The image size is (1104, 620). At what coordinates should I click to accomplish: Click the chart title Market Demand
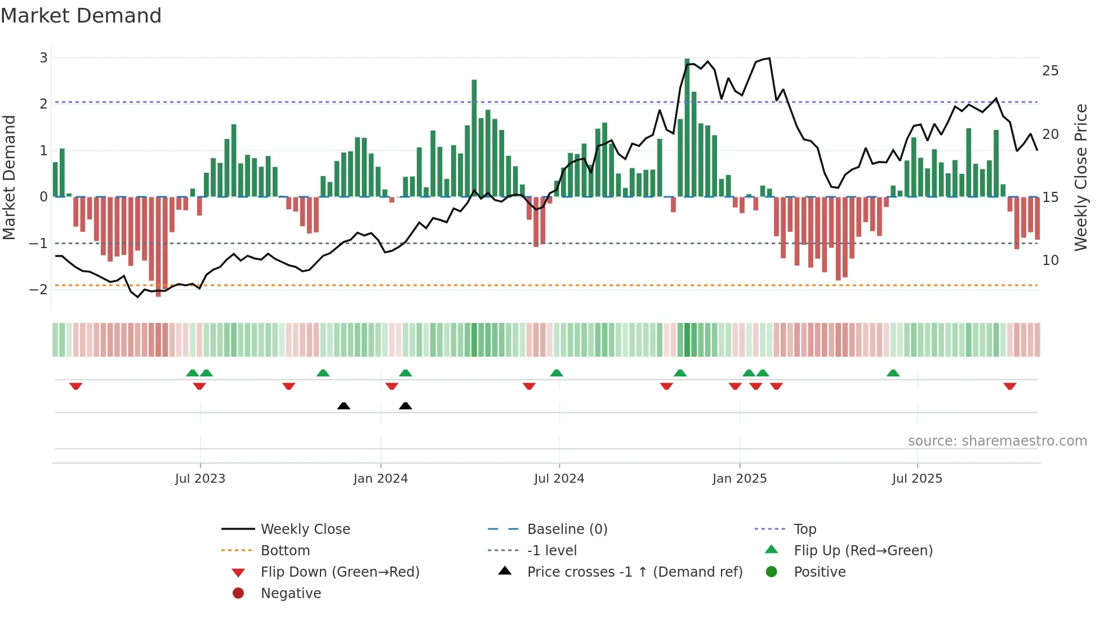(81, 16)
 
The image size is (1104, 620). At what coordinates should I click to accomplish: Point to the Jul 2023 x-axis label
(200, 479)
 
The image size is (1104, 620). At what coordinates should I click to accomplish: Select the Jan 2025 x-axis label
(739, 479)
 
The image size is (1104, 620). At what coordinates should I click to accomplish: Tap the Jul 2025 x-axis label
(917, 479)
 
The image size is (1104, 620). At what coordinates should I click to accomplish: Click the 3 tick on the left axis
(43, 57)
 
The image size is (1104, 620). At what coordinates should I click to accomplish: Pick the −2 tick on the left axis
(39, 289)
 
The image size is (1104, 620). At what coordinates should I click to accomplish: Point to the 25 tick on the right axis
(1050, 71)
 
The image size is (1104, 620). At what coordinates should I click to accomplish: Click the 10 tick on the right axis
(1050, 260)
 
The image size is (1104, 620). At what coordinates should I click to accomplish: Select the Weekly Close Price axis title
(1080, 177)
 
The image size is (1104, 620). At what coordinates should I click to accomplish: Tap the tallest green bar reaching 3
(687, 127)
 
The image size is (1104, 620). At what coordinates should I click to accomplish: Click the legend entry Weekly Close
(305, 529)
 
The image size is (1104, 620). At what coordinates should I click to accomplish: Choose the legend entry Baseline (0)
(567, 529)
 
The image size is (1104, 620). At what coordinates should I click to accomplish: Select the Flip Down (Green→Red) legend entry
(340, 572)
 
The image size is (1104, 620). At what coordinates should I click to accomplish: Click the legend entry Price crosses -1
(634, 572)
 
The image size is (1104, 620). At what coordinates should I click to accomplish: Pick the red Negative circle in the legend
(238, 594)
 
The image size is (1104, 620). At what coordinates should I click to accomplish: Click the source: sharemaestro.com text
(997, 441)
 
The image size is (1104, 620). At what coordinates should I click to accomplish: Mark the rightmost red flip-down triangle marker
(1009, 386)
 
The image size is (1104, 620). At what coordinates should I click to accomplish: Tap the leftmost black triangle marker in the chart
(344, 406)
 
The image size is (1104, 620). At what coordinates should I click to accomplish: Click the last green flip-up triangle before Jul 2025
(893, 373)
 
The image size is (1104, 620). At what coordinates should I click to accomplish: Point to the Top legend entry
(804, 529)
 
